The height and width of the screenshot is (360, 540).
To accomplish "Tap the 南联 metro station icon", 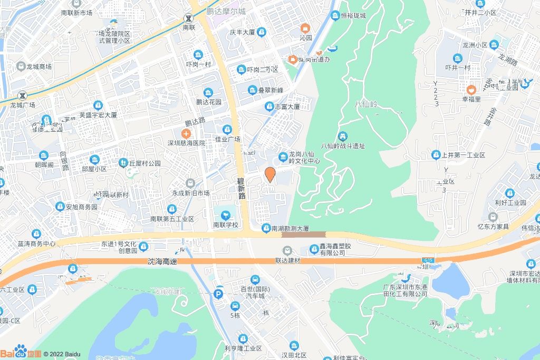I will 188,17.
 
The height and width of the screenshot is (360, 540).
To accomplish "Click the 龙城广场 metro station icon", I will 22,96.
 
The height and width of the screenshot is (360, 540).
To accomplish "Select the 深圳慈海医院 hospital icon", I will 186,134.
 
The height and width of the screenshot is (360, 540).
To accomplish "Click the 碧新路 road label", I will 242,188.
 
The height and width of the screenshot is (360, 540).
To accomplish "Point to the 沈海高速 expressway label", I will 163,261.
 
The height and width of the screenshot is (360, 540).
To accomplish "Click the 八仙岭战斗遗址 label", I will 343,146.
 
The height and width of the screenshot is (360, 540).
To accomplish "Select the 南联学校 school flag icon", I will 226,215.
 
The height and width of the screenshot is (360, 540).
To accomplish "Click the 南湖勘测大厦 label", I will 290,228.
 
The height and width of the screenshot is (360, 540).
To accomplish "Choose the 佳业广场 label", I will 227,139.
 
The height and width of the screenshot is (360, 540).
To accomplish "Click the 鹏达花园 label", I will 208,102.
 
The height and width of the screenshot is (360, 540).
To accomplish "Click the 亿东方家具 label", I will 493,227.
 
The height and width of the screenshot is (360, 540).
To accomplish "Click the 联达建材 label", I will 287,261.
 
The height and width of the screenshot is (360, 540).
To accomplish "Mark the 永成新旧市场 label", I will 190,193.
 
